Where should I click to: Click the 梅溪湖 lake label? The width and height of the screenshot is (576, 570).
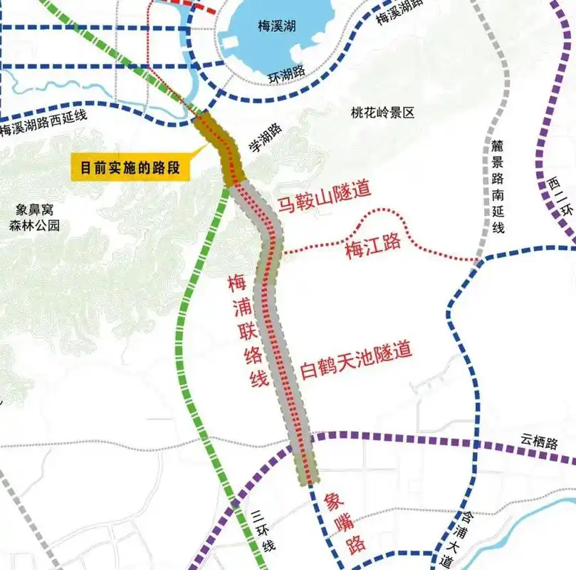[x=277, y=26]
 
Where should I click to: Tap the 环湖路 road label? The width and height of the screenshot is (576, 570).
[x=287, y=71]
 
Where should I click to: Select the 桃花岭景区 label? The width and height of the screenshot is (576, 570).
[x=382, y=113]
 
